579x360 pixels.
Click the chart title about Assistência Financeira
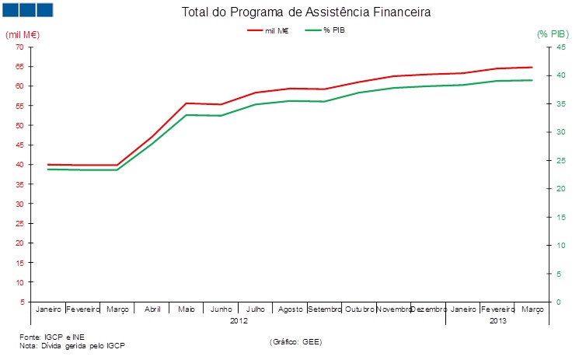pyautogui.click(x=305, y=13)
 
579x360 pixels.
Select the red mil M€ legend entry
pyautogui.click(x=267, y=30)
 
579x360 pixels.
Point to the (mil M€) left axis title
pyautogui.click(x=23, y=35)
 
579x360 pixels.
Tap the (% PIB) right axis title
pyautogui.click(x=553, y=35)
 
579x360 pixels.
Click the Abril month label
pyautogui.click(x=152, y=309)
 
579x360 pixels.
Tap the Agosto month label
pyautogui.click(x=290, y=309)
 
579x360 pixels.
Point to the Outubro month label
pyautogui.click(x=359, y=309)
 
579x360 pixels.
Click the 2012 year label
pyautogui.click(x=239, y=320)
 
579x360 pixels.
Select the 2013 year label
pyautogui.click(x=497, y=320)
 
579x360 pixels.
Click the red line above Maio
pyautogui.click(x=187, y=103)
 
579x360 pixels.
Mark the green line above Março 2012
pyautogui.click(x=117, y=170)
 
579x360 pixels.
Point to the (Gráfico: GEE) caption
pyautogui.click(x=295, y=341)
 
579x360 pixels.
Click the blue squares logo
pyautogui.click(x=27, y=9)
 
